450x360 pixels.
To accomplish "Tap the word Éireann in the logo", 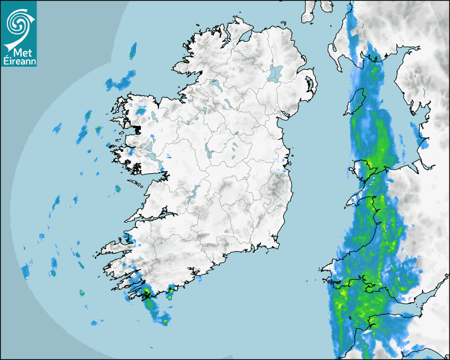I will click(x=19, y=61).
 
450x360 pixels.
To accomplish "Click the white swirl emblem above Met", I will click(x=19, y=24).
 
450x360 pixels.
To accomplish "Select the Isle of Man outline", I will click(x=356, y=101).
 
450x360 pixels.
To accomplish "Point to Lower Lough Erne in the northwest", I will click(x=214, y=83).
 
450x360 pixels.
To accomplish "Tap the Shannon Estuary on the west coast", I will click(x=154, y=217).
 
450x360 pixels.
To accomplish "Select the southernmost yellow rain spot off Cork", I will click(x=165, y=321).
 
